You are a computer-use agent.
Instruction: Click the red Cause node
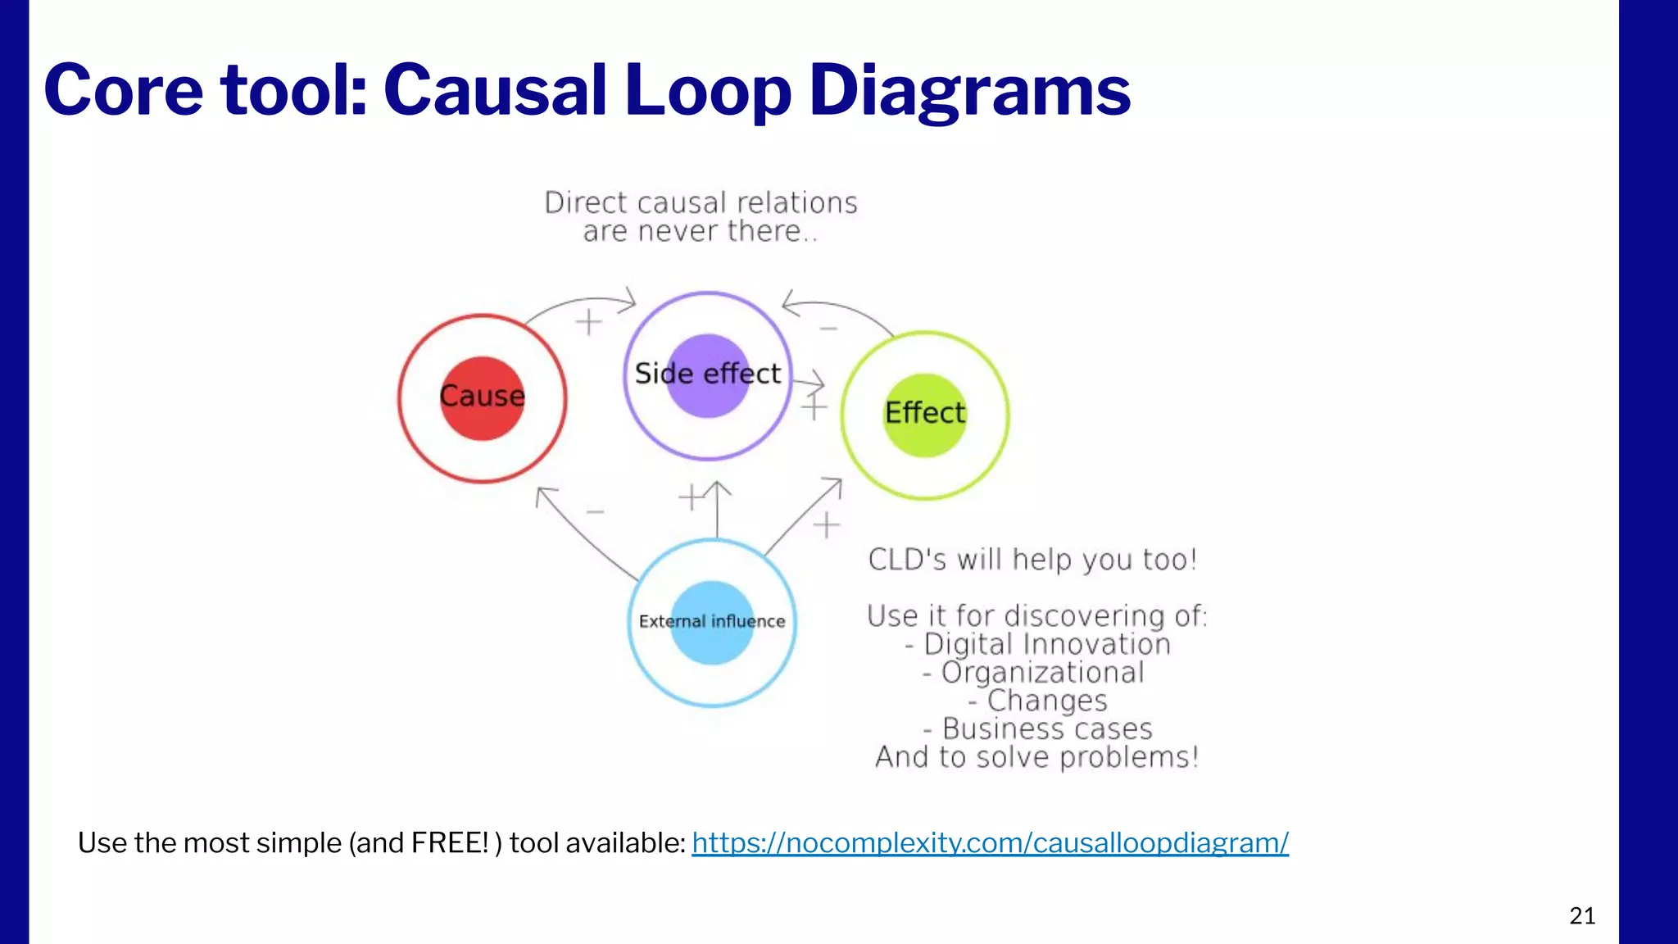[482, 398]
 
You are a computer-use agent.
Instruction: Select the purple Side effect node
[708, 375]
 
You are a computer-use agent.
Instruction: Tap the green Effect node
[925, 415]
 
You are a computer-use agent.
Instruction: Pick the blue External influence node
[712, 623]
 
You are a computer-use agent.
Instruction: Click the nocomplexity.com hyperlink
[990, 842]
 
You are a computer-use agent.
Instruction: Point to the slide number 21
[1582, 915]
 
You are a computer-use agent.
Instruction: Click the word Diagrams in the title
[969, 90]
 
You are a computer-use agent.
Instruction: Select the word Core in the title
[123, 90]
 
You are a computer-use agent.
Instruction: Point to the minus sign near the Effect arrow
[828, 329]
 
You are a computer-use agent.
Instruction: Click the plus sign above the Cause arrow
[588, 322]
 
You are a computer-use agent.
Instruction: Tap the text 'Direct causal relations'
[701, 202]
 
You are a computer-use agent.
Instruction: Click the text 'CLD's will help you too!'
[1032, 560]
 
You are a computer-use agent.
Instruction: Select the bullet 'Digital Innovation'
[1038, 644]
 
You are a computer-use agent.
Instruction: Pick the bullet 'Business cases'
[1038, 728]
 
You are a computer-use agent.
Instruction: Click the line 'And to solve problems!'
[1036, 757]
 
